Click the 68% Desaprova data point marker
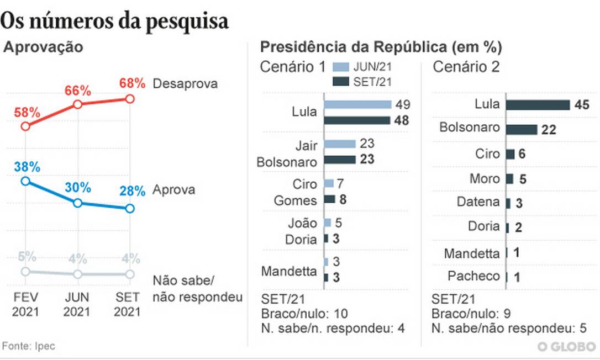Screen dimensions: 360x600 coord(130,99)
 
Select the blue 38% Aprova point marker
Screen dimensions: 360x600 coord(25,181)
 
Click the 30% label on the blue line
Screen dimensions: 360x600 coord(77,188)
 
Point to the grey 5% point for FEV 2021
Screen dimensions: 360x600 coord(25,271)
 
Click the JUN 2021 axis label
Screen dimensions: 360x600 coord(77,304)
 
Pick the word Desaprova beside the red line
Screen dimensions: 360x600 coord(185,84)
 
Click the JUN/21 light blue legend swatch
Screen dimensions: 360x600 coord(341,68)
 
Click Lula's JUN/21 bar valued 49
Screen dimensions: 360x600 coord(357,104)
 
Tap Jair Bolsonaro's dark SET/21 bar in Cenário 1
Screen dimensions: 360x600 coord(339,160)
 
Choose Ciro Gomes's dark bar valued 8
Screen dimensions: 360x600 coord(329,199)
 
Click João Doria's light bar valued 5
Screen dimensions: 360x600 coord(328,223)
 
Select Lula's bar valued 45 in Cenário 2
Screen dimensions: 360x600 coord(538,105)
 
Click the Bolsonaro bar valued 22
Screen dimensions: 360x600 coord(522,129)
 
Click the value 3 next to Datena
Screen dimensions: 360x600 coord(519,203)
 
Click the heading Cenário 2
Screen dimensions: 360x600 coord(466,67)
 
